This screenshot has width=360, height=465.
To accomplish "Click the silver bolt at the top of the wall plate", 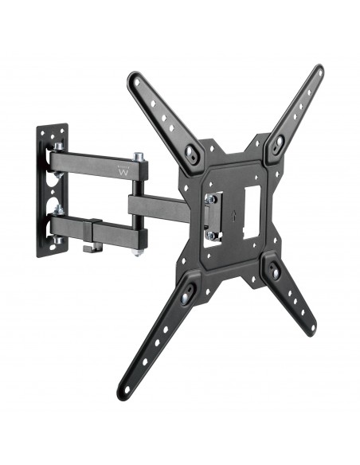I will tap(58, 147).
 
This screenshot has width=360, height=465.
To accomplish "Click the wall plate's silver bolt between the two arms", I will tap(58, 191).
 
